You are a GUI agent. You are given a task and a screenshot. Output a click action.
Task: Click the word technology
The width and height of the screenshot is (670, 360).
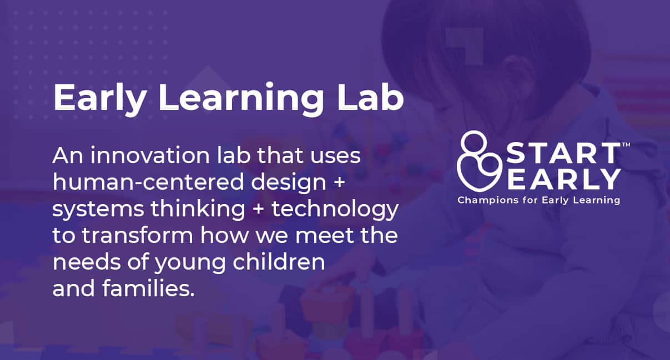335,209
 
